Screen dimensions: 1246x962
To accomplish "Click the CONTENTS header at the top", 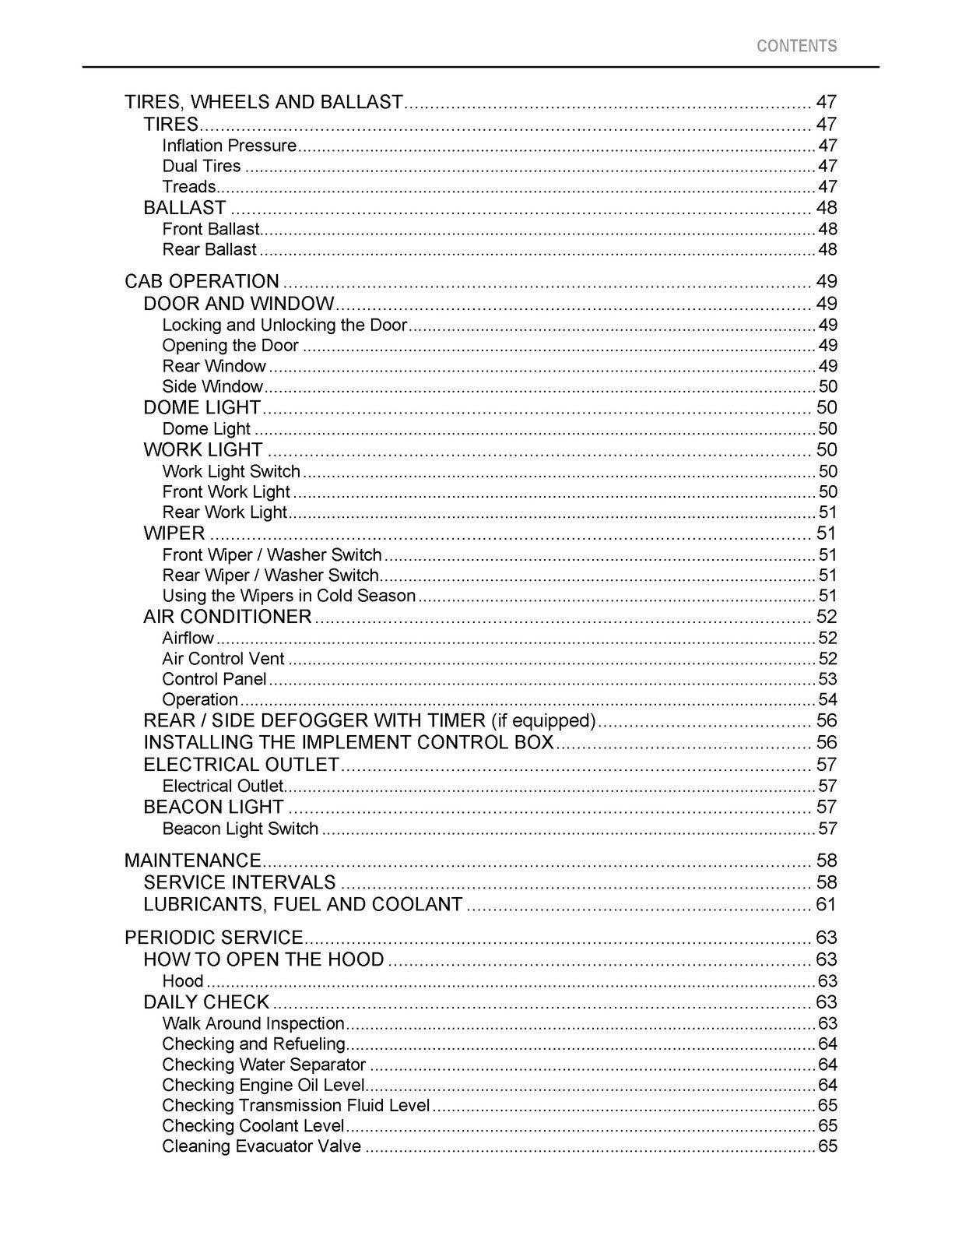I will click(x=796, y=46).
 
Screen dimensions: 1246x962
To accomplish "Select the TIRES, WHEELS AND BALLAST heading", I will click(x=264, y=102).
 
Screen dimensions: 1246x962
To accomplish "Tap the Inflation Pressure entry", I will click(x=229, y=146).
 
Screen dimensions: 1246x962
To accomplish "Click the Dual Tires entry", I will click(x=202, y=166).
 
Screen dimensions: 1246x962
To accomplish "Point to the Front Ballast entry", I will click(x=210, y=229).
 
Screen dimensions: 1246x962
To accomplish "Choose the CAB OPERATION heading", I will click(x=202, y=281).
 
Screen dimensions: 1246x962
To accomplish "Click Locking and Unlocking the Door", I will click(x=284, y=325).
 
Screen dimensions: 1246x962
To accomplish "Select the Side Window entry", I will click(x=212, y=387).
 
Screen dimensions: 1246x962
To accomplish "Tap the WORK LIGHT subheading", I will click(x=203, y=450).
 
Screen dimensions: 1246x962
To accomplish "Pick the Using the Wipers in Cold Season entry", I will click(x=289, y=596).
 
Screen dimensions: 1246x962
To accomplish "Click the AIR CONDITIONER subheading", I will click(x=227, y=617).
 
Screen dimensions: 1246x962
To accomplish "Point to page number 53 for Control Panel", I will click(x=827, y=679).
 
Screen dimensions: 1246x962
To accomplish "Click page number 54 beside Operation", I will click(x=827, y=699).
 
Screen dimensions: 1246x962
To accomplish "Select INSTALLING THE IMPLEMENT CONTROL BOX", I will click(x=349, y=742).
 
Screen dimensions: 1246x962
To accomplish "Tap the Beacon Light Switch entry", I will click(x=240, y=829).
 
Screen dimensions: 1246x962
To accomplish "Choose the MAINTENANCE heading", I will click(x=193, y=861).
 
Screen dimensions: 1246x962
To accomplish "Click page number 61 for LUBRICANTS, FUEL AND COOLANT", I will click(x=826, y=904).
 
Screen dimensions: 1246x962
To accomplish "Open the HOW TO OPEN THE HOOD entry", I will click(x=264, y=959).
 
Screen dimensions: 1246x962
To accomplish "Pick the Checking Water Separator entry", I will click(x=264, y=1065).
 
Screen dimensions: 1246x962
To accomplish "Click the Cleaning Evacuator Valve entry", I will click(x=262, y=1146).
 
